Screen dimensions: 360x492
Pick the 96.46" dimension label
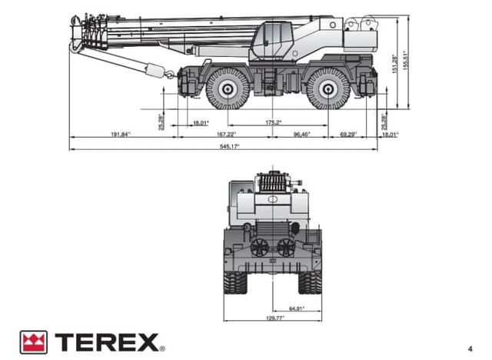(x=301, y=135)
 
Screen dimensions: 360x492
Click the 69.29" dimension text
(x=349, y=135)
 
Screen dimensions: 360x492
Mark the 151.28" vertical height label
(x=394, y=64)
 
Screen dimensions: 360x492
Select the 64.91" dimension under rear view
(x=296, y=308)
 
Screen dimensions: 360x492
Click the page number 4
(x=468, y=345)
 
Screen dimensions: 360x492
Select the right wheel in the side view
(x=328, y=88)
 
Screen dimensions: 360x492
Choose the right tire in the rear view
(x=311, y=280)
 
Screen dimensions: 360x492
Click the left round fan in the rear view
(x=261, y=246)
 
